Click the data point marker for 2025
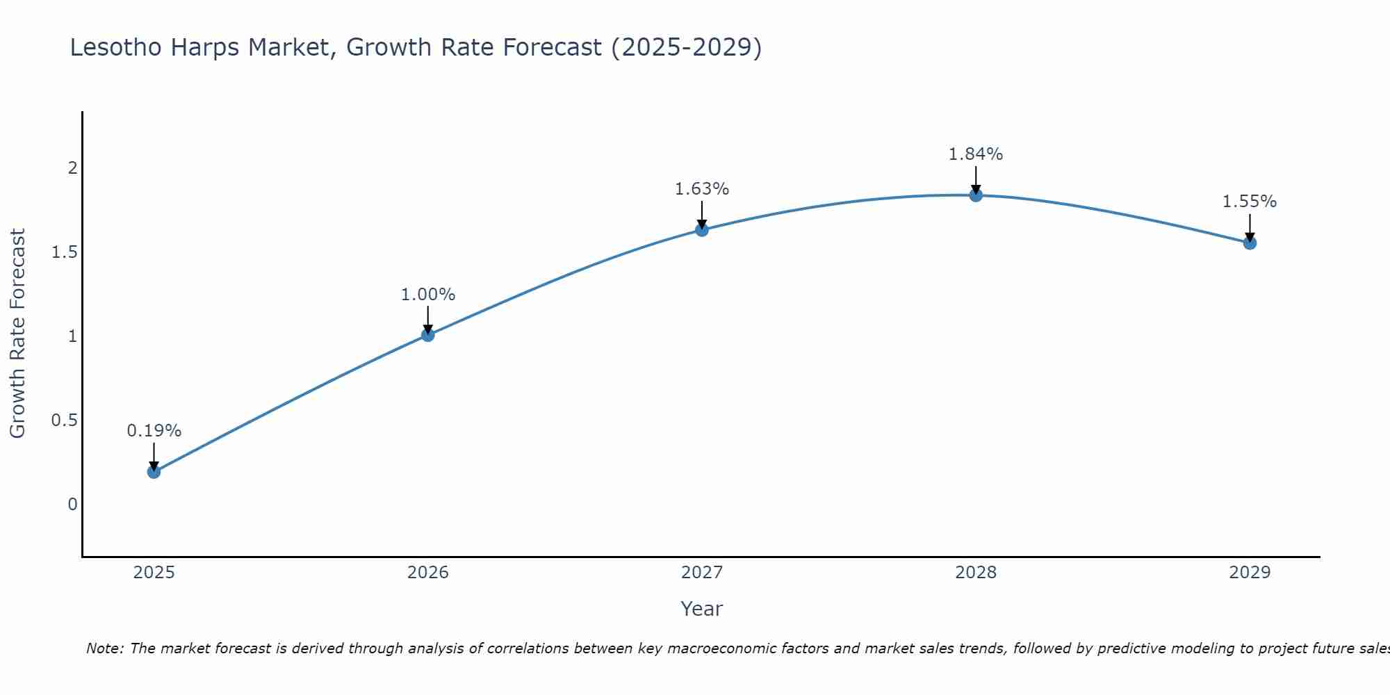(x=154, y=472)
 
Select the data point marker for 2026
(x=427, y=335)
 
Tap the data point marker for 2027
(x=702, y=230)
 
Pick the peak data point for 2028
(x=976, y=195)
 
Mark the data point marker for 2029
(x=1250, y=243)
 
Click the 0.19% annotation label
(x=154, y=431)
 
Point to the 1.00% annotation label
(x=427, y=295)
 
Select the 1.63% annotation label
(x=702, y=189)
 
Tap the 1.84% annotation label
(x=976, y=154)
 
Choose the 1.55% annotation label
(x=1250, y=202)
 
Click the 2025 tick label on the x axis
(x=154, y=573)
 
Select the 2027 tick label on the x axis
(x=702, y=573)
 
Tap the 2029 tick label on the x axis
(x=1250, y=573)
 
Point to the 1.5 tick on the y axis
(x=64, y=252)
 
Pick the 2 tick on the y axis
(x=72, y=168)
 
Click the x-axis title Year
(x=702, y=609)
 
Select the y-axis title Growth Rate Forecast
(x=17, y=334)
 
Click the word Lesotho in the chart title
(x=115, y=48)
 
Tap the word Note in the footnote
(x=104, y=648)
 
